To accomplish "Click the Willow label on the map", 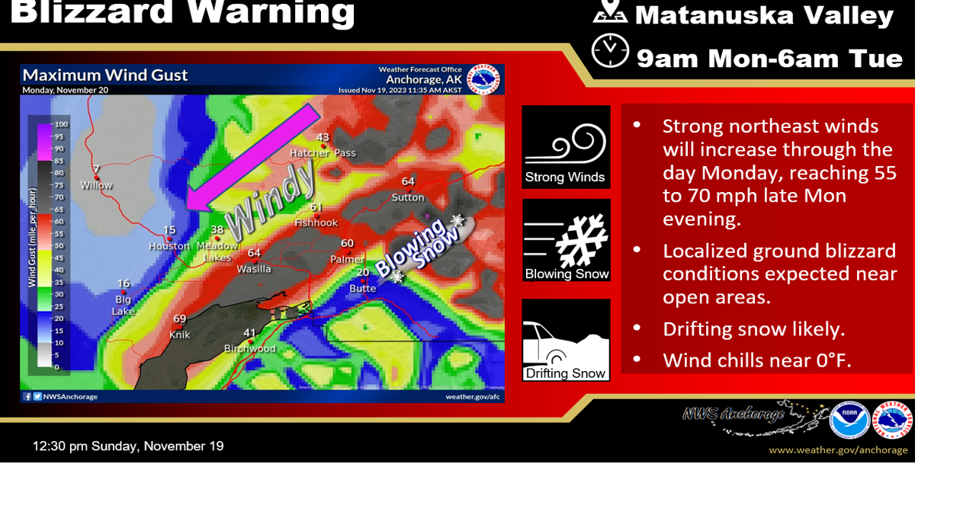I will [x=96, y=185].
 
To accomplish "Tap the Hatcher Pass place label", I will [x=323, y=153].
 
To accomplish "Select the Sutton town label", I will [x=408, y=197].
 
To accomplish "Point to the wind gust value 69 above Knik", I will [x=179, y=319].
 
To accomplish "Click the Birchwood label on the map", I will [x=249, y=349].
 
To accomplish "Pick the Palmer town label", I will [x=347, y=260].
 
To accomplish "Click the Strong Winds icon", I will [x=566, y=147].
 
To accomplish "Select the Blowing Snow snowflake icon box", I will [x=566, y=240].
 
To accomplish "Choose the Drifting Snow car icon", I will [x=566, y=340].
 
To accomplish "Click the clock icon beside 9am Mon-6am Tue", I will [x=610, y=51].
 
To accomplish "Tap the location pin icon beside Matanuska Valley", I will [x=610, y=11].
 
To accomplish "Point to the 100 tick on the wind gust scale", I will [x=61, y=124].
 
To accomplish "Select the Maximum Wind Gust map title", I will [x=105, y=75].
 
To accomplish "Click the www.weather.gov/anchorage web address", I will [x=838, y=450].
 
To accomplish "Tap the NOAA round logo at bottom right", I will [x=849, y=420].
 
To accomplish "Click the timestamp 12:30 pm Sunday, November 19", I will [x=128, y=446].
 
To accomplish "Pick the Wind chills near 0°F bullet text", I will [x=756, y=360].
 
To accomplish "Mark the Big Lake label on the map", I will [x=123, y=306].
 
